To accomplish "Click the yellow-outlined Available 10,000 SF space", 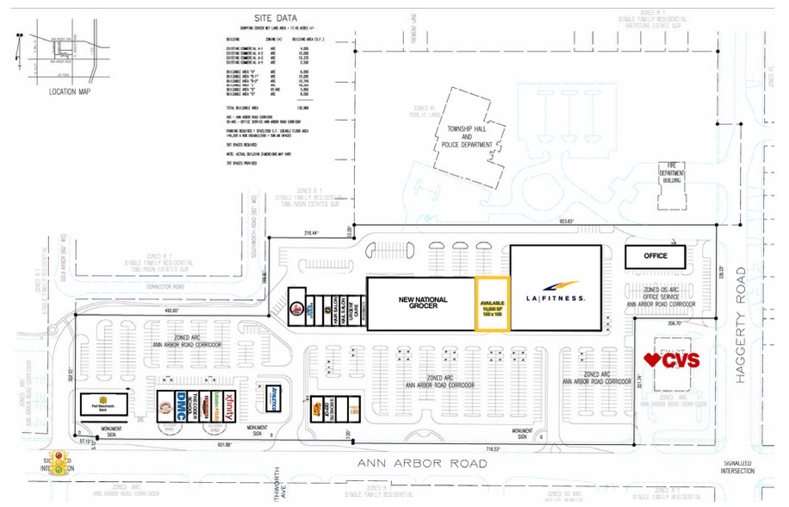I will pos(493,304).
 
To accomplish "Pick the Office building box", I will pos(656,256).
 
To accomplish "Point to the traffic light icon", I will pos(59,463).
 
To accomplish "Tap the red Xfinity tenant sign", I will pos(225,404).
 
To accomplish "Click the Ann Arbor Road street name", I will pos(415,464).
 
